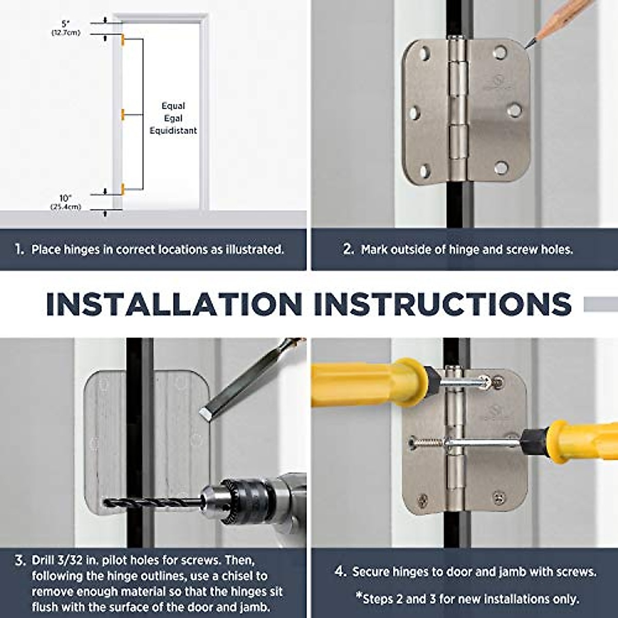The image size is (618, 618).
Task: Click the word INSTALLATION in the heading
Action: pos(174,304)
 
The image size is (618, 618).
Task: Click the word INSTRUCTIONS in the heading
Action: pos(443,304)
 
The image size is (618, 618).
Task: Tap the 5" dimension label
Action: pos(66,24)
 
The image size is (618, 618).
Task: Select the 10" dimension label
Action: pos(66,198)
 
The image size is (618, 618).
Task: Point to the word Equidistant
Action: pos(173,130)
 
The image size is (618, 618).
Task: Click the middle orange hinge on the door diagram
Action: pos(123,114)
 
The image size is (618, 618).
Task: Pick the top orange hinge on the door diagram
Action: pos(123,40)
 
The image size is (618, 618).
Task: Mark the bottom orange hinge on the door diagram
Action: pos(123,189)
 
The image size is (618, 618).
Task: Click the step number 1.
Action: pos(20,249)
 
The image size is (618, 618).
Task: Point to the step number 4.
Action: pos(340,571)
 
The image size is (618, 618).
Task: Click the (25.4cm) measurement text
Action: pos(66,207)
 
